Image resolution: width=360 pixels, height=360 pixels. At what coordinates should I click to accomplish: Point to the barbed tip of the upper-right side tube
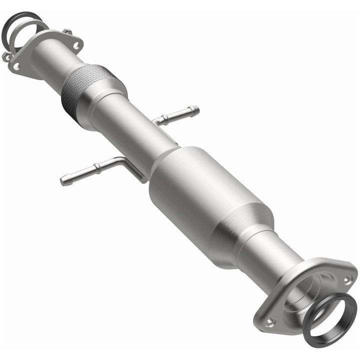click(x=195, y=109)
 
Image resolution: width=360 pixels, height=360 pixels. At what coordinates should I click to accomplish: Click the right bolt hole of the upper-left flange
click(x=76, y=45)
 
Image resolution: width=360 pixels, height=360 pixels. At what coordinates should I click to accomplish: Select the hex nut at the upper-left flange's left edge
click(x=6, y=56)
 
